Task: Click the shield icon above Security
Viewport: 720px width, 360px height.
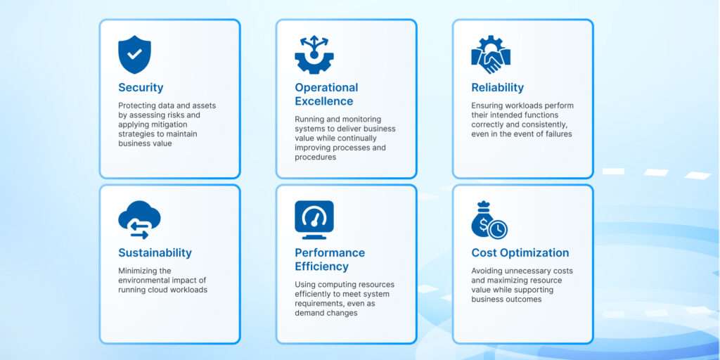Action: coord(134,54)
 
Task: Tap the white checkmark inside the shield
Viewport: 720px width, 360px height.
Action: coord(134,54)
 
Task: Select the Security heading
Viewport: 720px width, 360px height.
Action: coord(141,87)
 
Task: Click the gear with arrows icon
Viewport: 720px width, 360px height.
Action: coord(314,54)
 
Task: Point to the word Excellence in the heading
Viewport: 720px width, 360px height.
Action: coord(324,101)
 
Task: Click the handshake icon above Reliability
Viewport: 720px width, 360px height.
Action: coord(491,54)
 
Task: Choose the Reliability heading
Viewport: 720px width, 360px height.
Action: coord(497,87)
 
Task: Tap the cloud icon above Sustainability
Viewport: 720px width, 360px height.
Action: coord(140,219)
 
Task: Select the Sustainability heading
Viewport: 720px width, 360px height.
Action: coord(155,252)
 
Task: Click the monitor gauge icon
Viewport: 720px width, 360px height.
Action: coord(314,219)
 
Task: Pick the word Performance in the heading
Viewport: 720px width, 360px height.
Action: coord(330,252)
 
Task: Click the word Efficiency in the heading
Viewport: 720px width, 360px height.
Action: coord(321,266)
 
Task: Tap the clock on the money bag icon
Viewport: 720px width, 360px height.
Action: coord(498,229)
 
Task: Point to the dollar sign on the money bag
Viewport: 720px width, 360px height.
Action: coord(483,225)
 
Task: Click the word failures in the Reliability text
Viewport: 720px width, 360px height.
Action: coord(558,134)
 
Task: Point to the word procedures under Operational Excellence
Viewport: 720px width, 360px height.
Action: coord(316,157)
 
